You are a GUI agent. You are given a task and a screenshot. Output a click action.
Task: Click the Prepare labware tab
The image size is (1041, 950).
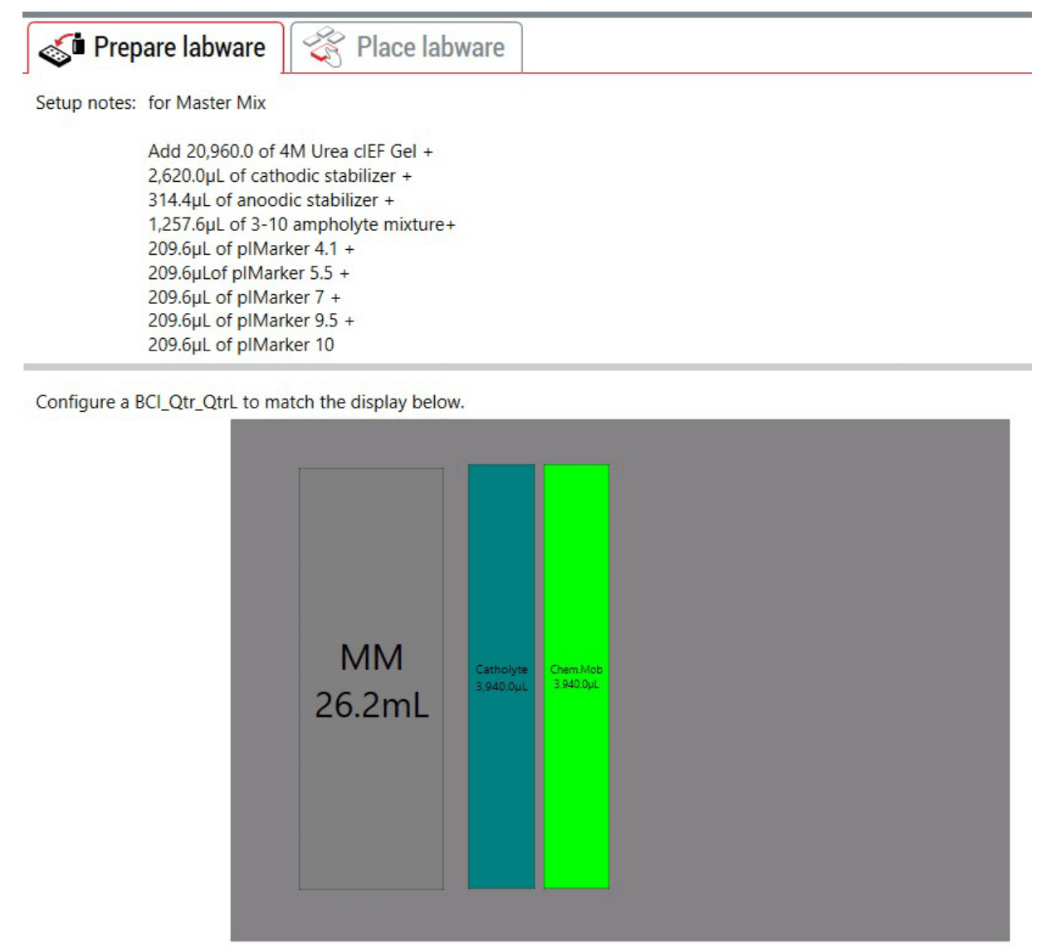tap(156, 48)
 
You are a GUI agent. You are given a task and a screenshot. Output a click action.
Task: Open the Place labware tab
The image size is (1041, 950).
tap(406, 48)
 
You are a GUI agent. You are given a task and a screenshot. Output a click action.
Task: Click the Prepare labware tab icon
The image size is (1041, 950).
tap(61, 50)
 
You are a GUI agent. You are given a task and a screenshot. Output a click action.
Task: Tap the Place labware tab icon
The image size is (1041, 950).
tap(324, 47)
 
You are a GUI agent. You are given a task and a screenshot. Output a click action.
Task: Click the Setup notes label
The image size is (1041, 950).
tap(86, 103)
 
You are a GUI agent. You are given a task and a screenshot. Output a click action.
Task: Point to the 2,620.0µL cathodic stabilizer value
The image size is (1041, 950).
tap(187, 175)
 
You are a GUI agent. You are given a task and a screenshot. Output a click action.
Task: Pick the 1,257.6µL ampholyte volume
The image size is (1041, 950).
tap(187, 224)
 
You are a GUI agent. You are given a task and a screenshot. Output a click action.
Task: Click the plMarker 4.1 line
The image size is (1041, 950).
tap(252, 248)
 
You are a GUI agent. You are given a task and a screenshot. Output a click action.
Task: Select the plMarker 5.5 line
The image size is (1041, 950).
tap(248, 273)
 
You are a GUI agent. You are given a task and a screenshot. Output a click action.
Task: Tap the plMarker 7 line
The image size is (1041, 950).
tap(244, 297)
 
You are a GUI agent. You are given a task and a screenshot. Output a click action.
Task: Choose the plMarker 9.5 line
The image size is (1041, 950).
tap(252, 321)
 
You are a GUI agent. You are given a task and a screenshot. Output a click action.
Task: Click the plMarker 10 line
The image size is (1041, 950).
tap(242, 345)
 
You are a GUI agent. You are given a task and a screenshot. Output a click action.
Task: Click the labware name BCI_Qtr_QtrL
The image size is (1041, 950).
tap(186, 402)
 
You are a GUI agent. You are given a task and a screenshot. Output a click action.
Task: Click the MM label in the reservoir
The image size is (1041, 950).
tap(372, 658)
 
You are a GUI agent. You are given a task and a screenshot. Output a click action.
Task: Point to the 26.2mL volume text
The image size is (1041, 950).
tap(372, 706)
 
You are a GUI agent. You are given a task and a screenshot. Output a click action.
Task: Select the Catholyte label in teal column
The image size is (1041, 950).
tap(501, 669)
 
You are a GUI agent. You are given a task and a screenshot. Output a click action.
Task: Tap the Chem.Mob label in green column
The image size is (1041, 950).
tap(576, 669)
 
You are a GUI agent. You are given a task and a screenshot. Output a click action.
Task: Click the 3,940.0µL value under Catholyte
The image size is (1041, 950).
tap(501, 686)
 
